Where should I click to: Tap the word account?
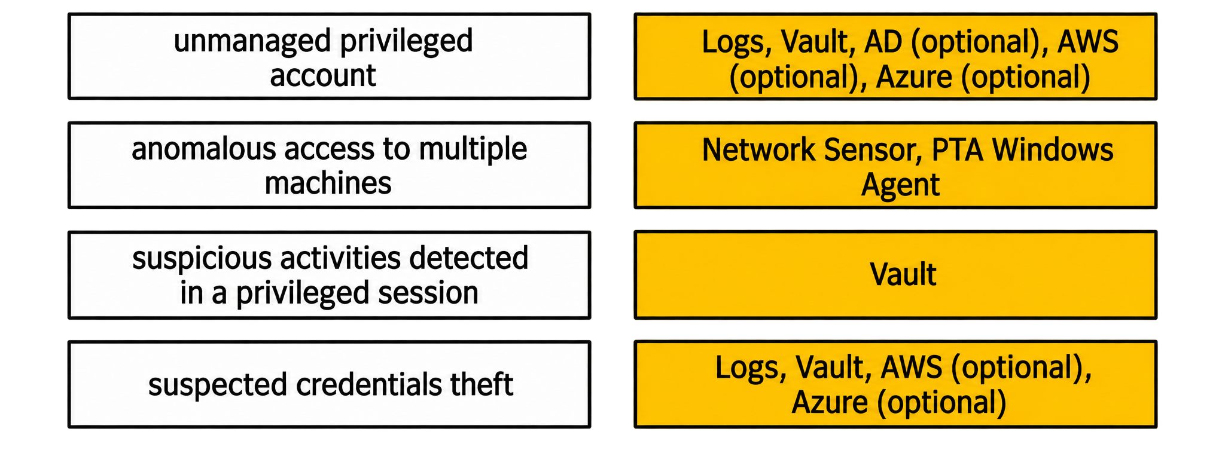(323, 76)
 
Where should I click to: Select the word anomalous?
(204, 149)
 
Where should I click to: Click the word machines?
(328, 183)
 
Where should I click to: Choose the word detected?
(469, 258)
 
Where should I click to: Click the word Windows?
(1053, 150)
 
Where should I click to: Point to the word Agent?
(900, 186)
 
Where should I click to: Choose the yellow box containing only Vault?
(895, 275)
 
